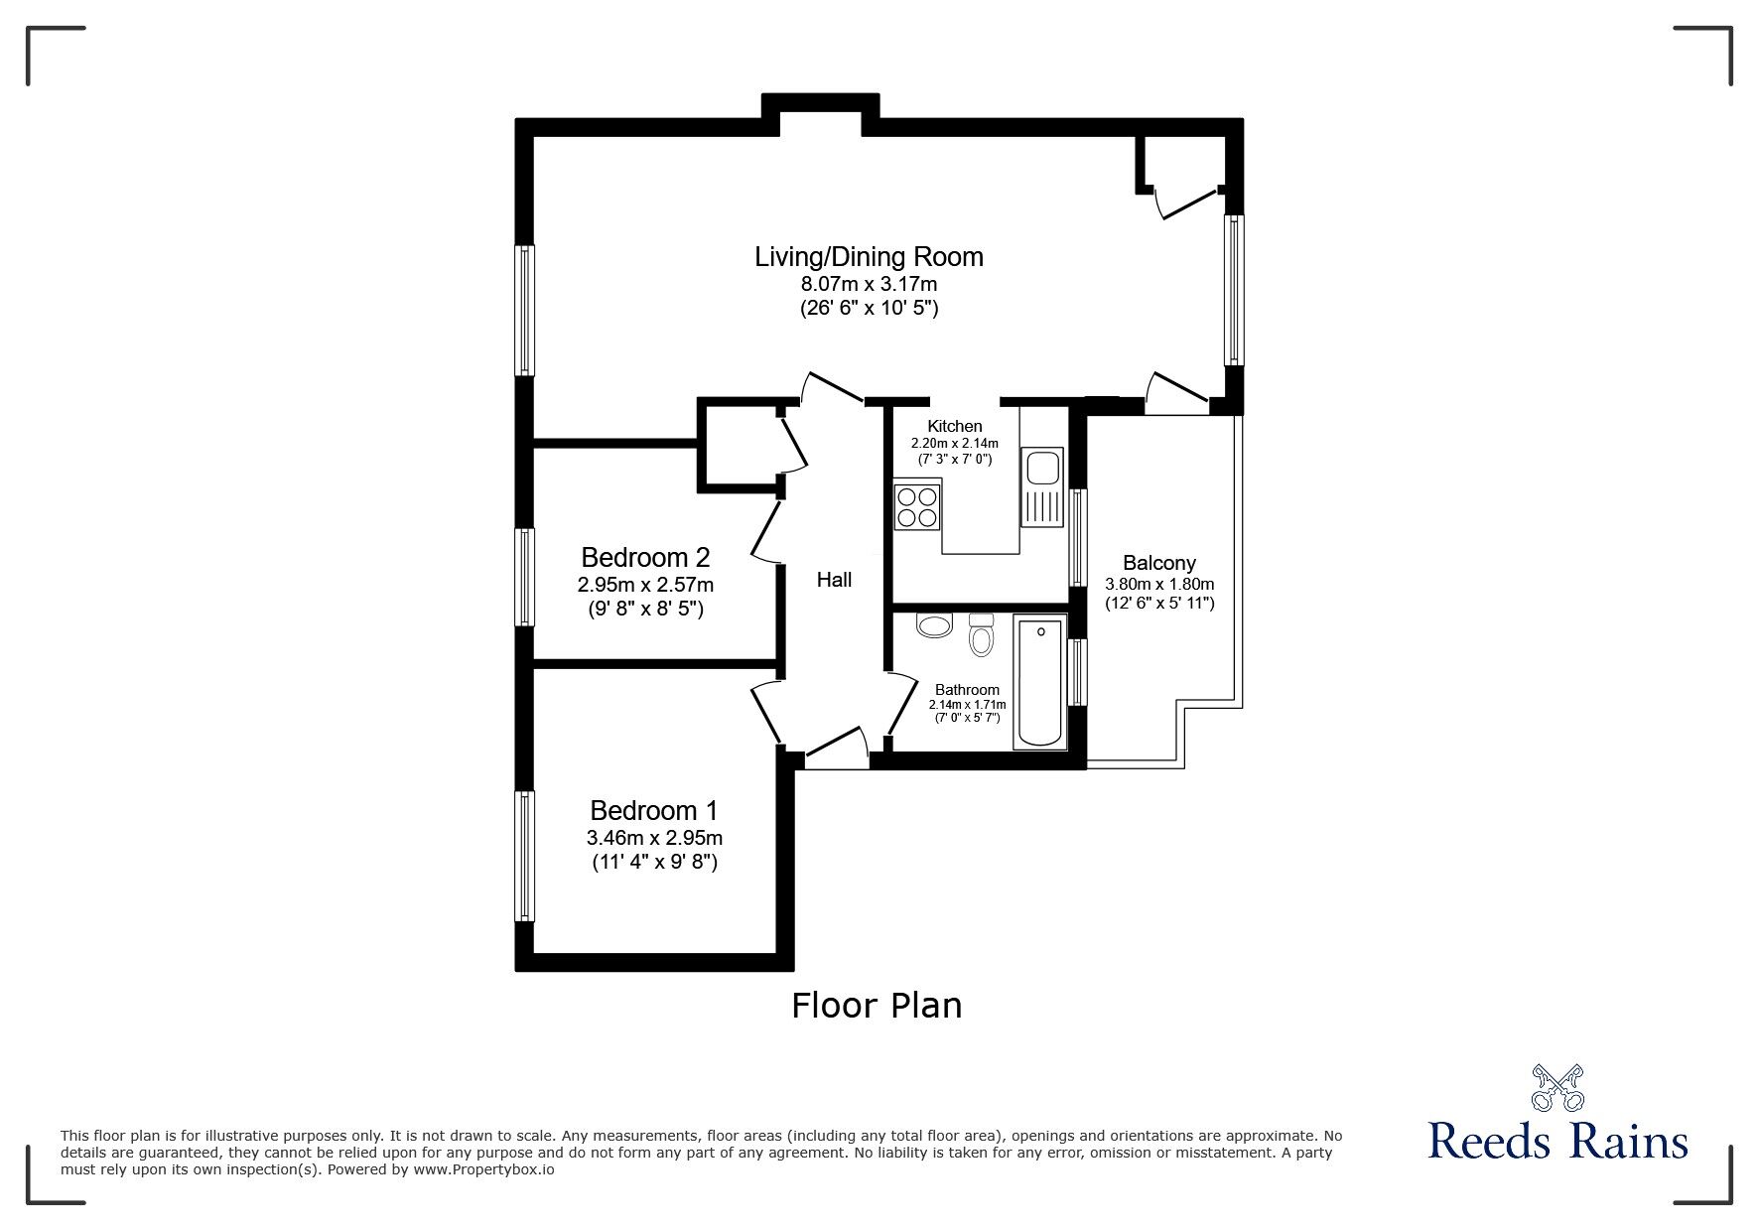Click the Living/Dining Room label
pyautogui.click(x=869, y=257)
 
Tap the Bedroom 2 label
pyautogui.click(x=645, y=557)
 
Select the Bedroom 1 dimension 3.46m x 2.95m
pyautogui.click(x=653, y=838)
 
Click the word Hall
pyautogui.click(x=834, y=580)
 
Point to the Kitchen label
pyautogui.click(x=955, y=427)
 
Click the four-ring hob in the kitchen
pyautogui.click(x=916, y=505)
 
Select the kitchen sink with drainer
pyautogui.click(x=1042, y=490)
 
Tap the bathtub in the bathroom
pyautogui.click(x=1039, y=682)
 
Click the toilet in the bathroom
pyautogui.click(x=981, y=634)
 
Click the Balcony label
pyautogui.click(x=1159, y=563)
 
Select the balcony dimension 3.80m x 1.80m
pyautogui.click(x=1159, y=584)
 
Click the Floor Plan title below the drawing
pyautogui.click(x=877, y=1006)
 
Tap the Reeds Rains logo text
pyautogui.click(x=1557, y=1141)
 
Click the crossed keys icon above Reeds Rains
pyautogui.click(x=1556, y=1087)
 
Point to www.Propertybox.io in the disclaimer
pyautogui.click(x=483, y=1169)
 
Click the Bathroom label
pyautogui.click(x=967, y=690)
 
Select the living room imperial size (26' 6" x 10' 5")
pyautogui.click(x=869, y=309)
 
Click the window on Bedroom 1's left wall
pyautogui.click(x=524, y=856)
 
